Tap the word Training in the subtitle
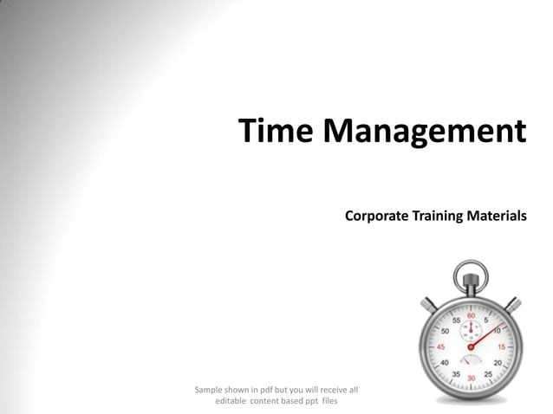(438, 216)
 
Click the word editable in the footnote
(231, 401)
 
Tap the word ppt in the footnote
(309, 401)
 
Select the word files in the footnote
(329, 401)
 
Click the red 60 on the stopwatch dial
(472, 315)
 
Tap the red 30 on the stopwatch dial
(472, 378)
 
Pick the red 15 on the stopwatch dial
(501, 346)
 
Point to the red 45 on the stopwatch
(441, 346)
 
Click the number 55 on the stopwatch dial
(456, 320)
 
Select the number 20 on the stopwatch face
(498, 363)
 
